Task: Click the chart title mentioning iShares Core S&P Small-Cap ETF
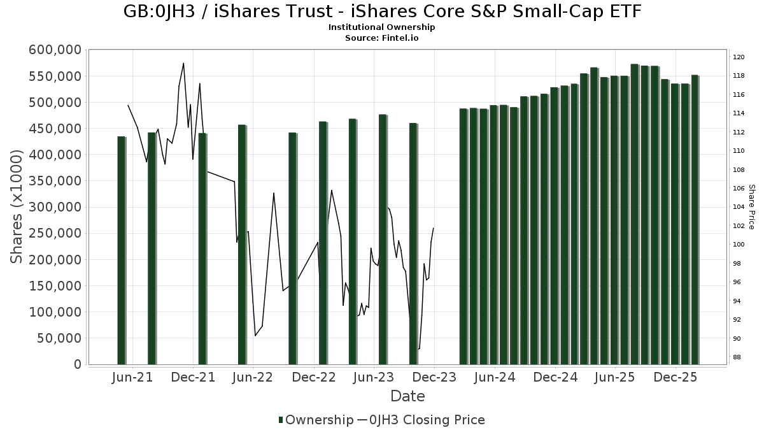(382, 11)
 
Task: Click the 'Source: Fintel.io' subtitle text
(382, 38)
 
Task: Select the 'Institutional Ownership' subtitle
(382, 27)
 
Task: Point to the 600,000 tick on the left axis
(56, 50)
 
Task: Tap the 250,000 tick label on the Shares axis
(56, 234)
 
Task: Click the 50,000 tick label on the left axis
(59, 338)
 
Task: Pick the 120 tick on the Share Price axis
(739, 57)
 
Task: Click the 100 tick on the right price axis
(739, 245)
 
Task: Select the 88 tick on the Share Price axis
(737, 357)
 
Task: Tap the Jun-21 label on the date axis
(132, 377)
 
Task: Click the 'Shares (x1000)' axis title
(17, 207)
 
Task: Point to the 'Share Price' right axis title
(751, 207)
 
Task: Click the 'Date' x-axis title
(407, 396)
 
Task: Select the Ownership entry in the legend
(315, 420)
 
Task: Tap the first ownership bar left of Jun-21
(121, 250)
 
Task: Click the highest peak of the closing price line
(183, 63)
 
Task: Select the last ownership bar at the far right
(695, 220)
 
